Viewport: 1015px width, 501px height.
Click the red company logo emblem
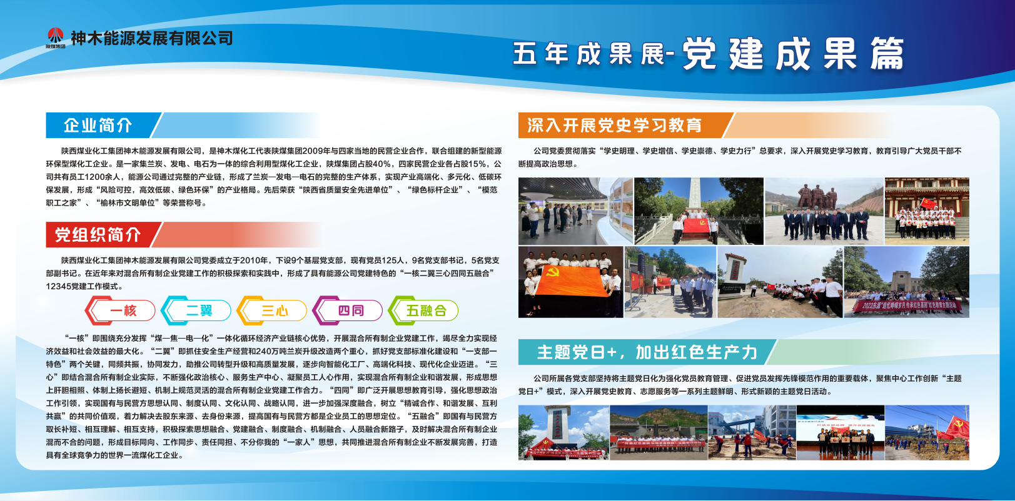click(x=55, y=36)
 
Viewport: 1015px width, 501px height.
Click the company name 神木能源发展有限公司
click(x=151, y=38)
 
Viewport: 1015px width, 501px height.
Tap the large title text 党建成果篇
click(x=792, y=54)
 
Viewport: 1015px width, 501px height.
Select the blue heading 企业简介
click(x=98, y=126)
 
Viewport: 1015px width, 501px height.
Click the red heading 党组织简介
click(x=98, y=235)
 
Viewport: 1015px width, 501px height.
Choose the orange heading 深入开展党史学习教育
click(x=614, y=126)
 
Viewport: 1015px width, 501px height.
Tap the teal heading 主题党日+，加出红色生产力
click(x=647, y=352)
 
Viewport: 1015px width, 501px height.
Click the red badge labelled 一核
click(x=121, y=310)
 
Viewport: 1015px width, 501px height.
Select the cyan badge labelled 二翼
click(x=196, y=310)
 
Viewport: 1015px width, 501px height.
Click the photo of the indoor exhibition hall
click(x=575, y=211)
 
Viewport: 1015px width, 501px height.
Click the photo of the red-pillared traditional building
click(x=927, y=211)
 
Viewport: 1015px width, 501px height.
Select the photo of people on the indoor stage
click(x=840, y=433)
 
